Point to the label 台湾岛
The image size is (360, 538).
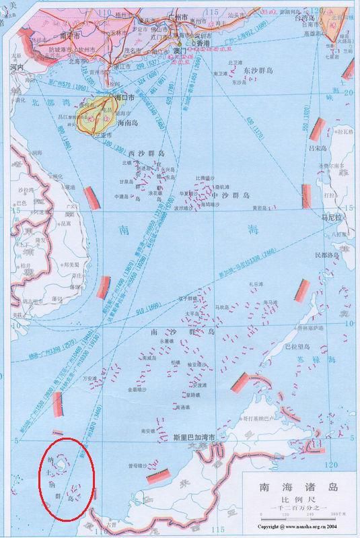coord(335,20)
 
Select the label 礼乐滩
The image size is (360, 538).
coord(254,285)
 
